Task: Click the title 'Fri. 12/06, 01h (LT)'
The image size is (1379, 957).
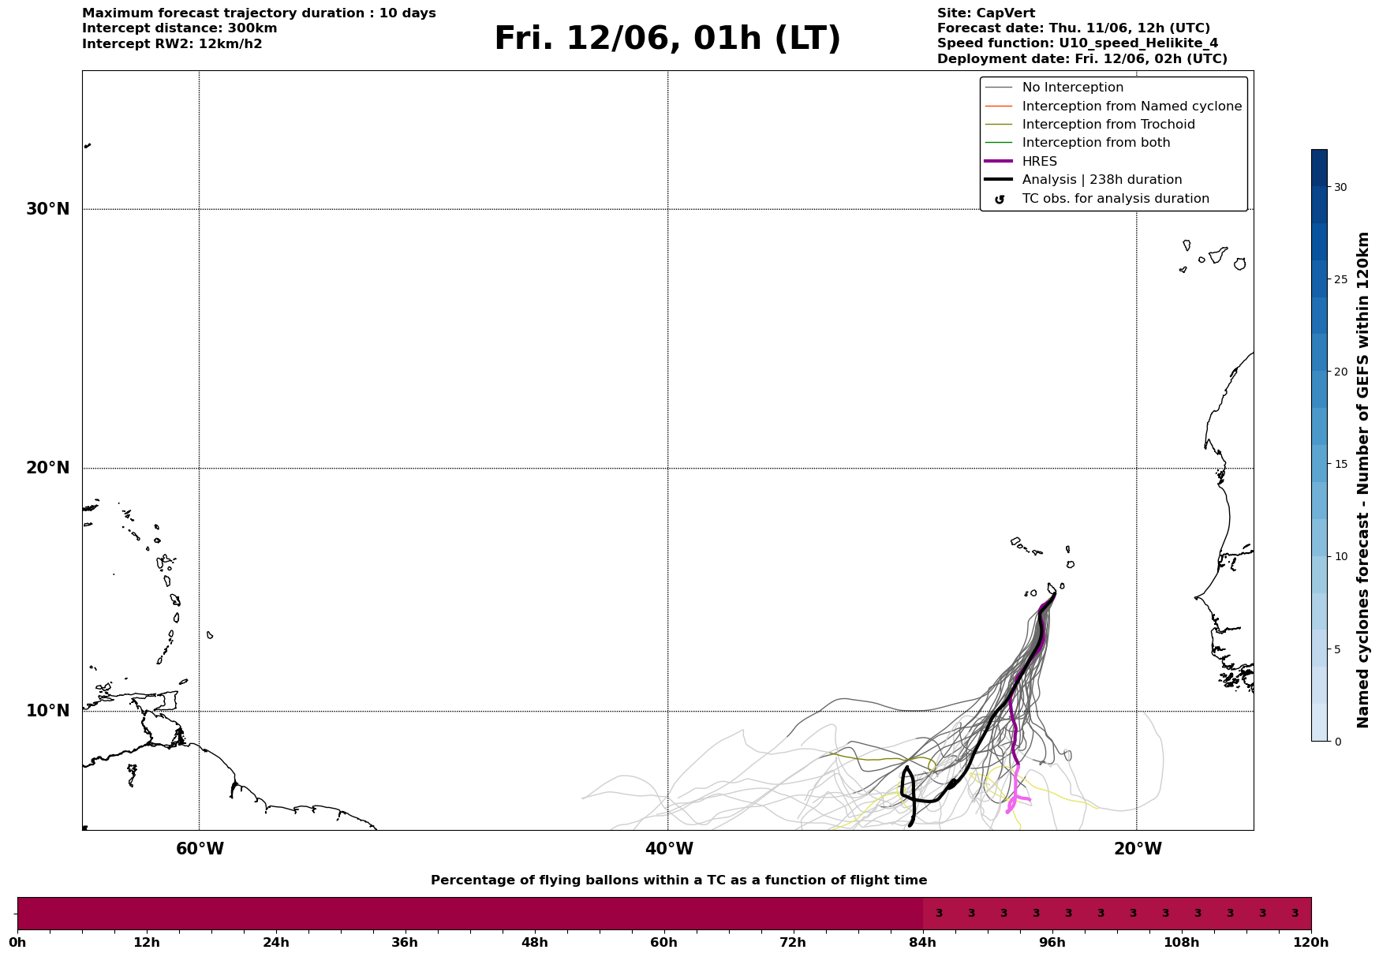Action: [667, 39]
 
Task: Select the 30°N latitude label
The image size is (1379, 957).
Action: [48, 209]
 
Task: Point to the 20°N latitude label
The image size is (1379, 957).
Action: [48, 468]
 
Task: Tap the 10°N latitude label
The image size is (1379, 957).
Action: [48, 711]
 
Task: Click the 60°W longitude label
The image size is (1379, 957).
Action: [200, 849]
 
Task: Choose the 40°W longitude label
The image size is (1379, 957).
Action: [669, 849]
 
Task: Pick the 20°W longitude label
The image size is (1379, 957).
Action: [1138, 849]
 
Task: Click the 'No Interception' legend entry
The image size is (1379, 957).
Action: [1073, 88]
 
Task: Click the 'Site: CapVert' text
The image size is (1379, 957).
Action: [986, 13]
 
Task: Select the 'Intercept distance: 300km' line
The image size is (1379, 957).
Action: [180, 28]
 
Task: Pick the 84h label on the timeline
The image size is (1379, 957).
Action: [922, 943]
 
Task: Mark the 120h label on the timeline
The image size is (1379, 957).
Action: [1311, 943]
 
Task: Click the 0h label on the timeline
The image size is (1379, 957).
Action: [17, 943]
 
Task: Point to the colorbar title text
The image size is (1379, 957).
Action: [1362, 480]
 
